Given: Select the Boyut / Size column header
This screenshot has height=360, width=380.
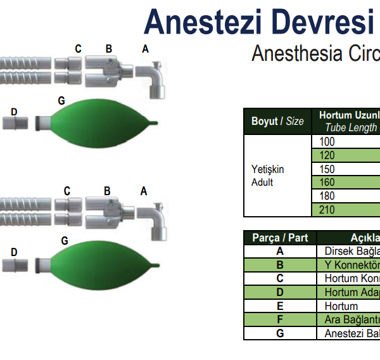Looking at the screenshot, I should (x=277, y=121).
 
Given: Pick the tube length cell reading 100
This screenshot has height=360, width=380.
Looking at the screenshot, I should (x=345, y=142).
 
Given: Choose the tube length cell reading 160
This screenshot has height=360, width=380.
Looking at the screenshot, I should (x=345, y=183).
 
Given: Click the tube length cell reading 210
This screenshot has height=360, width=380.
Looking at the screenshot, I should (x=345, y=210).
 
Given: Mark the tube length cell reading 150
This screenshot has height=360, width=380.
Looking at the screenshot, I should (x=345, y=169).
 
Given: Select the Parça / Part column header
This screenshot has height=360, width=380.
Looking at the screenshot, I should (x=280, y=238).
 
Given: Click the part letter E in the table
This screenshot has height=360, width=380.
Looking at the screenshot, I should (x=280, y=305).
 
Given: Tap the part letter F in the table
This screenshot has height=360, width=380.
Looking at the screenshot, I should (x=280, y=319).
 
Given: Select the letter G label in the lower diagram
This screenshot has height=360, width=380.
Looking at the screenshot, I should (x=65, y=240).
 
